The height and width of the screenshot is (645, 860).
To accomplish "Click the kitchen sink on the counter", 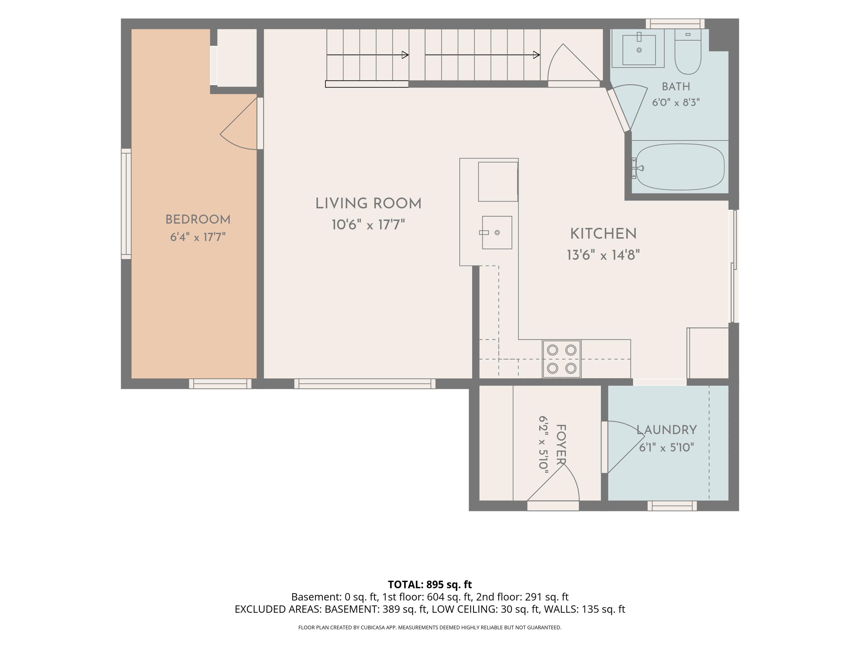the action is tap(497, 232).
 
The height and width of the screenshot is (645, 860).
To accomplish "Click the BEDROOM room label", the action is tap(198, 220).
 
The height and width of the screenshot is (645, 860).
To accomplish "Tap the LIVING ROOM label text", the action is tap(368, 203).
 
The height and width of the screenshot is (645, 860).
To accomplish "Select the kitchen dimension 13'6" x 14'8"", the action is tap(603, 255).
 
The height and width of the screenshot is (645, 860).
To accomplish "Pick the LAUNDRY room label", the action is tap(666, 430).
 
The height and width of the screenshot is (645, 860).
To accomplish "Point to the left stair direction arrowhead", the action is tap(405, 55).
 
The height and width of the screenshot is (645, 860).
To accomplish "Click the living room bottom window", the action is tap(365, 384).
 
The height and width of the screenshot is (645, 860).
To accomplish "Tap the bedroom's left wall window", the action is tap(126, 204).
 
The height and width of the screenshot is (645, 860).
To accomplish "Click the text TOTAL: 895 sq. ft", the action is tap(430, 584).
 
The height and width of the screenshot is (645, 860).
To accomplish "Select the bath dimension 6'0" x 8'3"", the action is tap(676, 103).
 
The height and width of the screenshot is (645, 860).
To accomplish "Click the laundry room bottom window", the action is tap(672, 506).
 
